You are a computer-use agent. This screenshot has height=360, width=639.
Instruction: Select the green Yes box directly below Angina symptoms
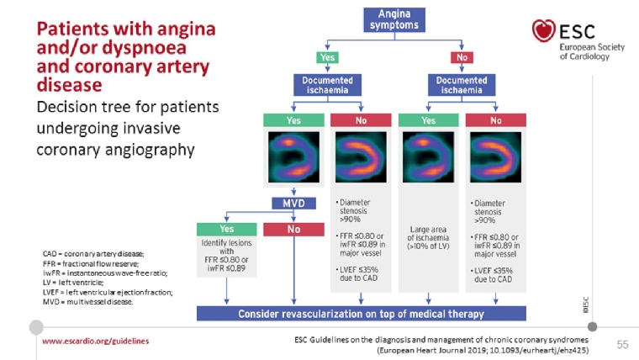coord(327,57)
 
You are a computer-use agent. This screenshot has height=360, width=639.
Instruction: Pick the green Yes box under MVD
coord(227,228)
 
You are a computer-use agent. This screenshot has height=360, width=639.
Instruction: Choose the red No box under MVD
coord(293,228)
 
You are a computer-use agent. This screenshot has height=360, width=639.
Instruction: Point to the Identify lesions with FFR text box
coord(227,255)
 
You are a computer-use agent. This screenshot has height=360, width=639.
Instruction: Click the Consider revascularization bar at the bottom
coord(361,314)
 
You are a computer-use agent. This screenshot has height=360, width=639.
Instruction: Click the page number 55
coord(622,344)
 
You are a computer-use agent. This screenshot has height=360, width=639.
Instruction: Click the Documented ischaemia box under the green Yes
coord(327,85)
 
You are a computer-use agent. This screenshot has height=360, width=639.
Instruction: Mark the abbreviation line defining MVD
coord(87,302)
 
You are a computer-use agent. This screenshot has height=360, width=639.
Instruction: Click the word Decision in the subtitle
coord(65,108)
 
